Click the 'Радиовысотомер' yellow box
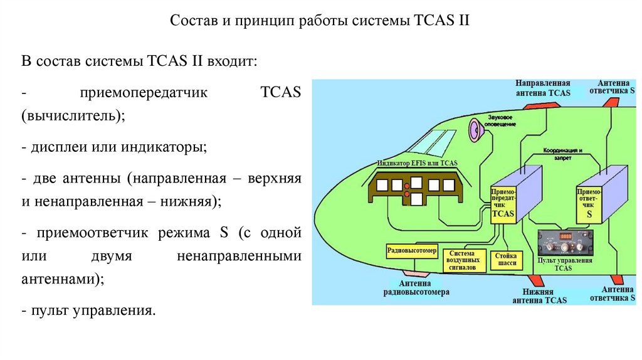[x=411, y=251]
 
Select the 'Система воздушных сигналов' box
[x=466, y=259]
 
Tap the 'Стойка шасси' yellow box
[x=506, y=260]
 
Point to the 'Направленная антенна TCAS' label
[x=542, y=88]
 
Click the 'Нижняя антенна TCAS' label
[x=539, y=296]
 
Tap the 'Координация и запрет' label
[x=564, y=154]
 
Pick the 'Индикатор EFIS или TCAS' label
[x=418, y=164]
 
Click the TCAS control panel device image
[x=564, y=241]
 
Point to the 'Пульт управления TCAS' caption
[x=563, y=264]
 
